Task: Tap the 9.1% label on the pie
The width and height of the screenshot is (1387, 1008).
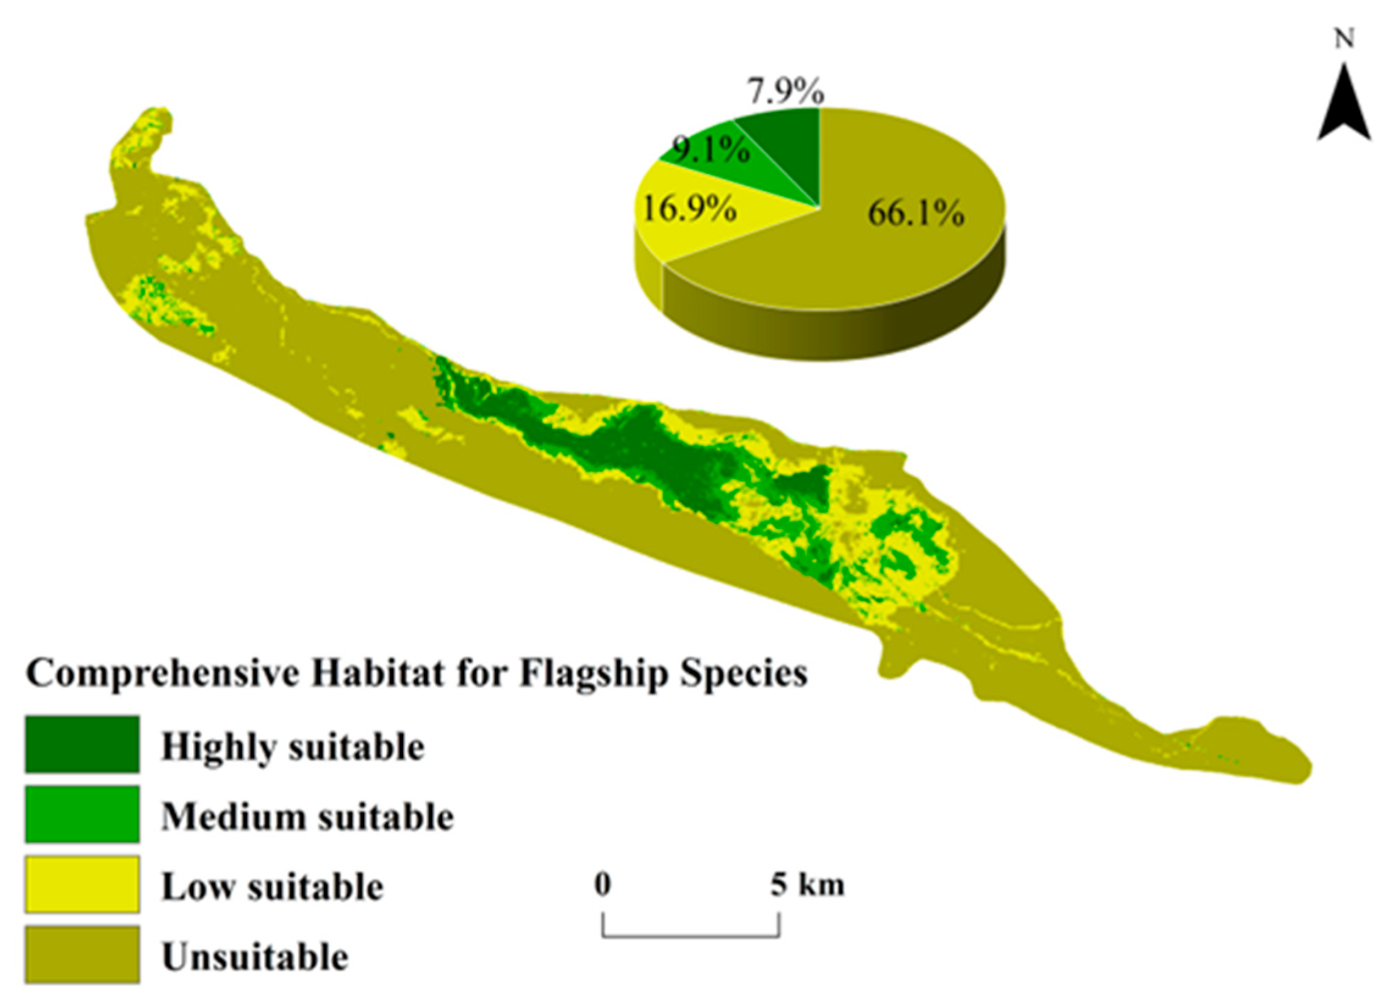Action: [711, 149]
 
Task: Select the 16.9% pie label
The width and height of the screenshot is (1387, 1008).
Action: [689, 210]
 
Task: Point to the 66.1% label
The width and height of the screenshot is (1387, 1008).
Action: [916, 214]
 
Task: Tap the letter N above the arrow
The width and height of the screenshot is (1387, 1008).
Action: [1344, 39]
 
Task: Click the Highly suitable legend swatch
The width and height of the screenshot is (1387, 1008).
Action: [82, 744]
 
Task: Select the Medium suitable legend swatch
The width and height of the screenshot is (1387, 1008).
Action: [82, 814]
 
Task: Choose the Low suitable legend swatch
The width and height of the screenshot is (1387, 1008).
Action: [82, 884]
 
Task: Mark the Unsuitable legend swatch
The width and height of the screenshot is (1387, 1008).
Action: [82, 955]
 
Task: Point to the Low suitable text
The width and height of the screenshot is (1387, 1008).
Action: [273, 887]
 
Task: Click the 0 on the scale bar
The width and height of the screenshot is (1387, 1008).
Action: [603, 885]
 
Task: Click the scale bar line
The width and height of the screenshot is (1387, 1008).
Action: [691, 937]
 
